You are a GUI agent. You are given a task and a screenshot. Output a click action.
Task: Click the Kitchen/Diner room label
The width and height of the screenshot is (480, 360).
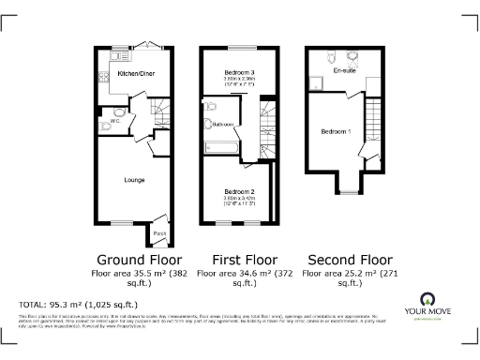[x=136, y=72]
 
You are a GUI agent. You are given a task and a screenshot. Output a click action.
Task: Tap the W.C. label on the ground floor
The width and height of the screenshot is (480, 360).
[x=113, y=120]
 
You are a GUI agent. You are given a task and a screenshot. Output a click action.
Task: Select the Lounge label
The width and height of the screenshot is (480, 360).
[x=134, y=179]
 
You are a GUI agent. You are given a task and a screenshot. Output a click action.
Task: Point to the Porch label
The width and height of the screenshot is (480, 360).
[x=159, y=232]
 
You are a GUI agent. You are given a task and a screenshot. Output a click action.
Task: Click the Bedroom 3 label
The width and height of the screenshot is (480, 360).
[x=239, y=73]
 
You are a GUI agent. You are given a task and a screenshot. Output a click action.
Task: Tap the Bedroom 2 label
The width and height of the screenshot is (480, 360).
[x=239, y=191]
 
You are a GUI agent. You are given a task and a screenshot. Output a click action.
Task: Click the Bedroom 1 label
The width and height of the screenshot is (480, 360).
[x=335, y=131]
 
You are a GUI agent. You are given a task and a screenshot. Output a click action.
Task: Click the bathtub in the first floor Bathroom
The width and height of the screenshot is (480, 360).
[x=223, y=148]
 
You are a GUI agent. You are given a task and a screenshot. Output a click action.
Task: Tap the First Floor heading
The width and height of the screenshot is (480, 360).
[x=238, y=259]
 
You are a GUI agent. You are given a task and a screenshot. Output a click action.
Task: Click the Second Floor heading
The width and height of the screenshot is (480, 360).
[x=342, y=259]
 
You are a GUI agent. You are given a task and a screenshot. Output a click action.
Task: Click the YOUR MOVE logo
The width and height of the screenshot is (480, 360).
[x=435, y=306]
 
